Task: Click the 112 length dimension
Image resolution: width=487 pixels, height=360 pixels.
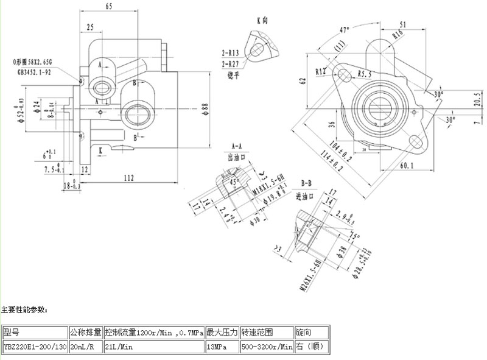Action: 128,178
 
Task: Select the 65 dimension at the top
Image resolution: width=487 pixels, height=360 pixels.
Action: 108,7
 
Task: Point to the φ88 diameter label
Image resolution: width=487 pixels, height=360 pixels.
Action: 205,107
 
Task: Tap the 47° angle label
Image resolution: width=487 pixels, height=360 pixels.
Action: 345,29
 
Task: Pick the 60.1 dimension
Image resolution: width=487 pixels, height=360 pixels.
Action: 407,165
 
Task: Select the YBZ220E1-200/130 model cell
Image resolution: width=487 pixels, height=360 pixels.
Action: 35,347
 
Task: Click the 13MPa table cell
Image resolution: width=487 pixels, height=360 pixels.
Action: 215,347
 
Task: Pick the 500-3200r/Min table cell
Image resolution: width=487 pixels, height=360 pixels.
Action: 267,347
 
